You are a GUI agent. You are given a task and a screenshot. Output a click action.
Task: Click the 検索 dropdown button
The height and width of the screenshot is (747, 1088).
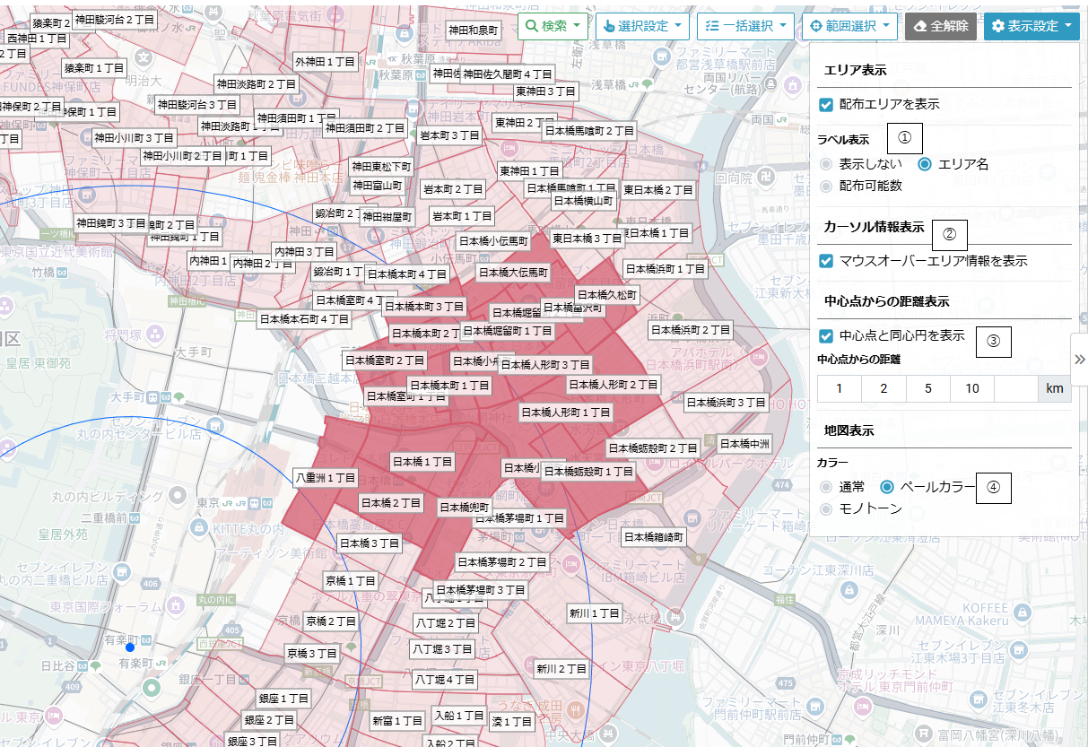553,26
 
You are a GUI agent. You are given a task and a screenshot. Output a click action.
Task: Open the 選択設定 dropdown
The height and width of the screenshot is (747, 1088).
641,26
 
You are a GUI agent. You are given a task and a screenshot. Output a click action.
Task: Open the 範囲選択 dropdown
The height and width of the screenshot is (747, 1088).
849,26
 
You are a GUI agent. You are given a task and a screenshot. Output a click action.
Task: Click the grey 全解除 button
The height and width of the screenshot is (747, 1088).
941,26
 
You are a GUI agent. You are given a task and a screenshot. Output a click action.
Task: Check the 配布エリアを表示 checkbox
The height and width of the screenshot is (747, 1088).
826,105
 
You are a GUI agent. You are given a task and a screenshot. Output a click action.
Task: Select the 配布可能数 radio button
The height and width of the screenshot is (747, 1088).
826,186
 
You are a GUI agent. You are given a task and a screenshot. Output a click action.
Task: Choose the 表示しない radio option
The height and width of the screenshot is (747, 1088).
826,164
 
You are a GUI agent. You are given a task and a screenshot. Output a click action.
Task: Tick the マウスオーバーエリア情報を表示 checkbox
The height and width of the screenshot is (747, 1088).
826,261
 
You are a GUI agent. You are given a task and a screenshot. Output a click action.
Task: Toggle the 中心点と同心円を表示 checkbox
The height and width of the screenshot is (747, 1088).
826,336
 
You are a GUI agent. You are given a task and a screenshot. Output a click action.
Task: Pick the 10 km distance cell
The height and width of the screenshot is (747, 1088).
971,388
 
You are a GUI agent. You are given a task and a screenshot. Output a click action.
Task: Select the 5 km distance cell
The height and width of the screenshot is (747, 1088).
927,388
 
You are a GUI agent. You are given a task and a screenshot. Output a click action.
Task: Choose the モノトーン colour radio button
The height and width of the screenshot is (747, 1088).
826,508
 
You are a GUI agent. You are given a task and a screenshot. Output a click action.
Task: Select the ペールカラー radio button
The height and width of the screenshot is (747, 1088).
887,487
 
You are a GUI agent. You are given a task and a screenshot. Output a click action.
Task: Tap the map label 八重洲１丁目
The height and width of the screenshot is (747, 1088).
326,478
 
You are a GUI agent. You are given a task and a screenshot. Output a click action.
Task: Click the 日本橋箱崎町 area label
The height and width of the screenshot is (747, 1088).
654,537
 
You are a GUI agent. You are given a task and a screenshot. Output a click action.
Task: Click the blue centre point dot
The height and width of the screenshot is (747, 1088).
130,647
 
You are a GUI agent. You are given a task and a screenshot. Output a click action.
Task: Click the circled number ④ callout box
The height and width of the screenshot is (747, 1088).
993,487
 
